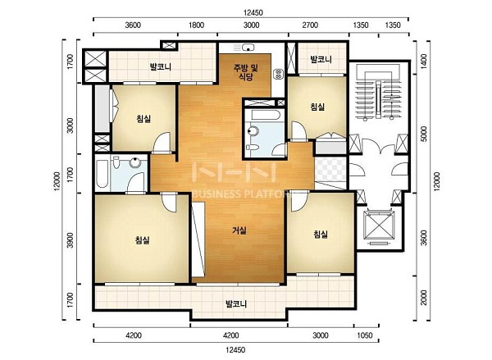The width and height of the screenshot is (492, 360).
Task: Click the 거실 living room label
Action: [239, 230]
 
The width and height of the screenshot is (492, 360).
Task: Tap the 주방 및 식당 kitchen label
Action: [246, 72]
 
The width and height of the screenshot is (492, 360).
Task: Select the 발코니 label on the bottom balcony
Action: [236, 303]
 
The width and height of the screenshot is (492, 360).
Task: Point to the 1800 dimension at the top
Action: [197, 25]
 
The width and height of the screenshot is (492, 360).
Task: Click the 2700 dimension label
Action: [310, 25]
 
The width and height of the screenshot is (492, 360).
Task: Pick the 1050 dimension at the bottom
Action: [365, 335]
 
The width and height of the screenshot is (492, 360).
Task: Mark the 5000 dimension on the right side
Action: [424, 134]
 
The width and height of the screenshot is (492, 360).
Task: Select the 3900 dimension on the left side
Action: [70, 240]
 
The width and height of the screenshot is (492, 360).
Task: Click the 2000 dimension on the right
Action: [424, 297]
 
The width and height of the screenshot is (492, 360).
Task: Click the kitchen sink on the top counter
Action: [248, 48]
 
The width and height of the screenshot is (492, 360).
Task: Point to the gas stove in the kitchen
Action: [278, 74]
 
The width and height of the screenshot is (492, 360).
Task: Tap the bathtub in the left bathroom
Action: [102, 173]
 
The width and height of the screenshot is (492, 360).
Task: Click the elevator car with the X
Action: [378, 226]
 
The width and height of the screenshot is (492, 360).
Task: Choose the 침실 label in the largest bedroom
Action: [142, 240]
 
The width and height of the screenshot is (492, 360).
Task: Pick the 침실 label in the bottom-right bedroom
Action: [321, 235]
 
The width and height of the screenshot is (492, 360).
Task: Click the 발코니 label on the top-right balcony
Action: [321, 59]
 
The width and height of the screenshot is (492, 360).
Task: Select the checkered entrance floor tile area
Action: [331, 169]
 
